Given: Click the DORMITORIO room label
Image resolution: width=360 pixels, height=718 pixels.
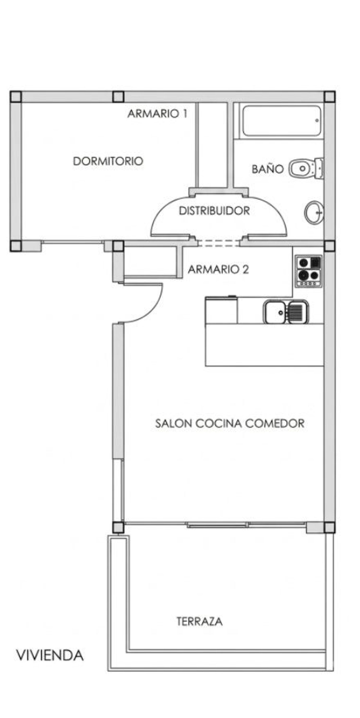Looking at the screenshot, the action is click(x=108, y=161).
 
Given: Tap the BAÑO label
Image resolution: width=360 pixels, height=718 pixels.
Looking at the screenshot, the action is click(x=267, y=169).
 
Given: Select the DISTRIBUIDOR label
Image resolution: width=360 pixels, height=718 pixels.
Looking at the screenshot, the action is click(x=214, y=211).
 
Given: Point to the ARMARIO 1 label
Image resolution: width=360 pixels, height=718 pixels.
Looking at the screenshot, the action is click(x=157, y=113).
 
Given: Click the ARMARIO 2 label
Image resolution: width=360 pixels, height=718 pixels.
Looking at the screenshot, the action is click(x=218, y=269).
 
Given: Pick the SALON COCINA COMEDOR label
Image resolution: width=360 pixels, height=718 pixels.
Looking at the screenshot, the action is click(x=229, y=423).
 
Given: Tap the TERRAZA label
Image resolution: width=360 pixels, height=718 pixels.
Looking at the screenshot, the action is click(x=200, y=621).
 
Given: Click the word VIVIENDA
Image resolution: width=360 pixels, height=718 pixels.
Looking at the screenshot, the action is click(x=50, y=655).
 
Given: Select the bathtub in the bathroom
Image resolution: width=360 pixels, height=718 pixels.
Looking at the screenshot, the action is click(x=282, y=121).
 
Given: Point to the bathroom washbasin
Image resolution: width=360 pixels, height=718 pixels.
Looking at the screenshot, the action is click(x=314, y=212).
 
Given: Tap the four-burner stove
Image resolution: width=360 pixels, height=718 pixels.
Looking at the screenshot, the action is click(x=309, y=271).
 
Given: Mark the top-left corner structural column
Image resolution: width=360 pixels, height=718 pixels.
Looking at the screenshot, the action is click(x=16, y=97).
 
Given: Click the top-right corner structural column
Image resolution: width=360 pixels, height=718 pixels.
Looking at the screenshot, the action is click(x=329, y=97).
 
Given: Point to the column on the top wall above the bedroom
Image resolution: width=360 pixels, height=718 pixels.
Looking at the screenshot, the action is click(x=118, y=97).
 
